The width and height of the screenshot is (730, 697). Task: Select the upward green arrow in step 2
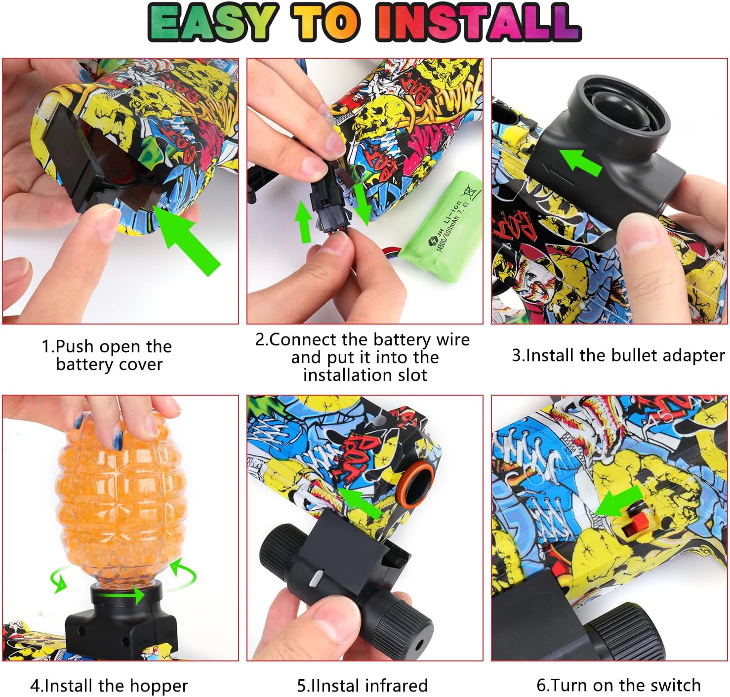point(303,221)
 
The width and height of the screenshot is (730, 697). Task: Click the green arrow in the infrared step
point(361,501)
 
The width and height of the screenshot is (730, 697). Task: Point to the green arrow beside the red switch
point(617,502)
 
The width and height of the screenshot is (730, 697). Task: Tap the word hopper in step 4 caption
point(163,686)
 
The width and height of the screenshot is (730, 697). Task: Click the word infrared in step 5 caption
point(396,686)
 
